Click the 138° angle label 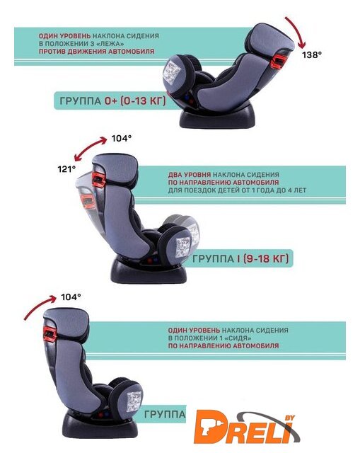[x=312, y=55]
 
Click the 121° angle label [x=66, y=168]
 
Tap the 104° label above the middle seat [x=122, y=139]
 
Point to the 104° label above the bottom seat [x=71, y=297]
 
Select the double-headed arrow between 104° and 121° [x=89, y=147]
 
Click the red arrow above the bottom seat [x=38, y=307]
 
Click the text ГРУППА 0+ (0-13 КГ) [x=113, y=101]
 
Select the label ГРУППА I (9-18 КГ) [x=240, y=258]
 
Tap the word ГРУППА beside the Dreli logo [x=165, y=414]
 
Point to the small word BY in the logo [x=290, y=418]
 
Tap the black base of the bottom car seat [x=100, y=428]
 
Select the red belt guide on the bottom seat [x=50, y=333]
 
